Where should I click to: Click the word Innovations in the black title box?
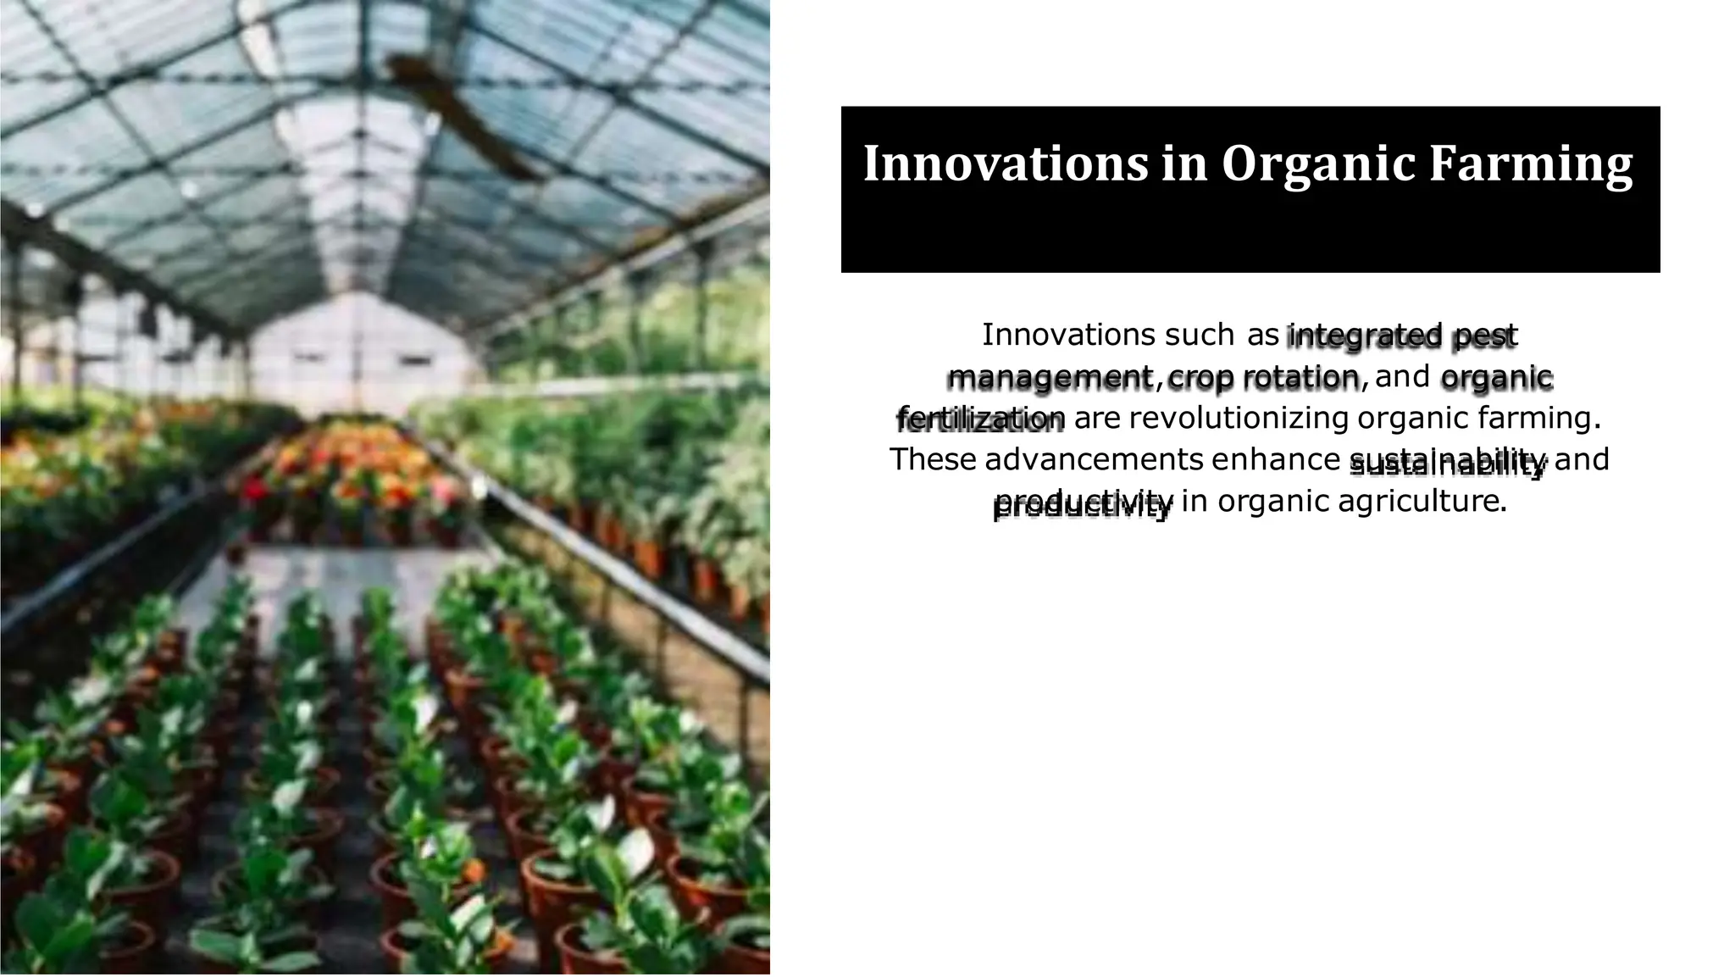click(x=1005, y=164)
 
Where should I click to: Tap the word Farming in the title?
click(x=1531, y=165)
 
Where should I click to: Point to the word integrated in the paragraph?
click(x=1364, y=336)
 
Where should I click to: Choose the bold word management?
click(x=1050, y=378)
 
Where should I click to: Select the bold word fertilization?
click(x=980, y=419)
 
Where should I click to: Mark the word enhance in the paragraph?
click(x=1275, y=459)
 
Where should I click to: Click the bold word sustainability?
click(x=1448, y=464)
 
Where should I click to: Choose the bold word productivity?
click(x=1083, y=505)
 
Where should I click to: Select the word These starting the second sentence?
click(x=933, y=459)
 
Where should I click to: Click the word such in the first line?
click(x=1199, y=336)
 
